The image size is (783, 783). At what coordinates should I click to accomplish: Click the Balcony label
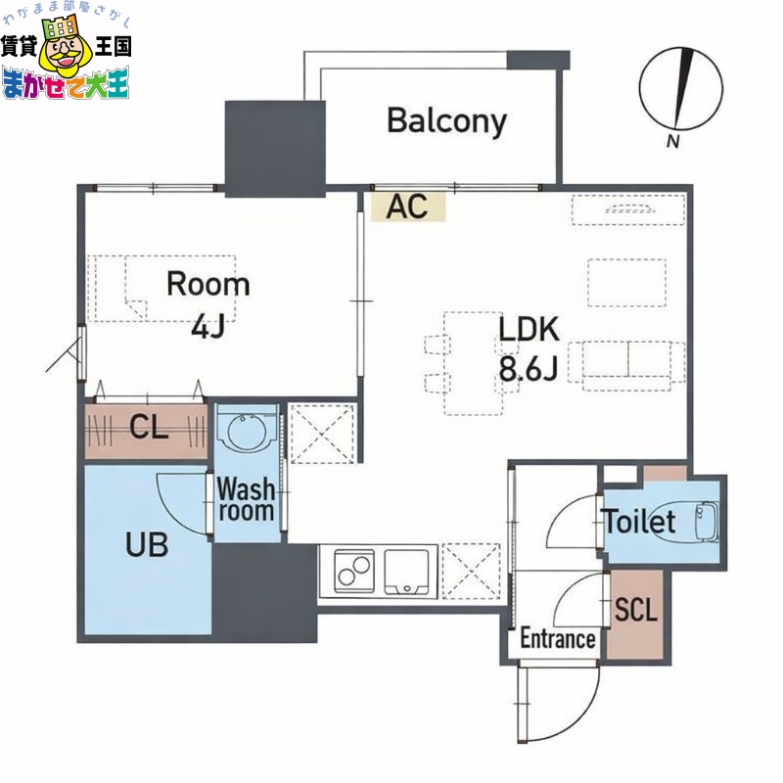(446, 121)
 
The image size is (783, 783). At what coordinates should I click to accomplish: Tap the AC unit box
(408, 207)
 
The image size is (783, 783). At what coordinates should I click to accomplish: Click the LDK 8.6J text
(529, 347)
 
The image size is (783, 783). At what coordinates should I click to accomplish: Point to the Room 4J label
(207, 302)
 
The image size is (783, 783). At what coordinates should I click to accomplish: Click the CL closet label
(149, 427)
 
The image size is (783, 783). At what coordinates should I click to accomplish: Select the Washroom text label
(245, 498)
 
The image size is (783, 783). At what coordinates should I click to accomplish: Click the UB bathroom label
(146, 544)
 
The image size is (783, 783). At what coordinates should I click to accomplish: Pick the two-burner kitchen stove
(351, 570)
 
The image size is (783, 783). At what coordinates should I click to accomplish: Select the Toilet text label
(639, 522)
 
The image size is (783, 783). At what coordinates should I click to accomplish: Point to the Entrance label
(557, 639)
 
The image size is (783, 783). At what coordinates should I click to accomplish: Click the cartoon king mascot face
(65, 58)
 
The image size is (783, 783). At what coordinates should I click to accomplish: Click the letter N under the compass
(673, 142)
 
